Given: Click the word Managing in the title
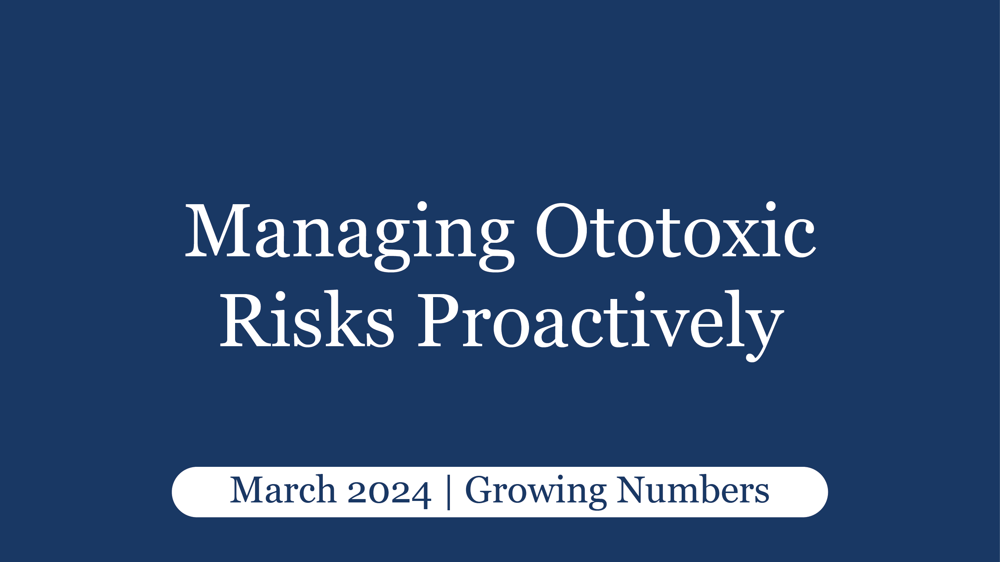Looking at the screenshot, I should (x=349, y=233).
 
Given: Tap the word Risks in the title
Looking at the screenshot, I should (x=307, y=320).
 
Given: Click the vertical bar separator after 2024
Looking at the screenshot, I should (x=449, y=492).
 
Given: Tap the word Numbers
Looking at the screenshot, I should (x=693, y=491).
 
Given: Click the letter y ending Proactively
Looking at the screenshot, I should (x=763, y=330).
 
